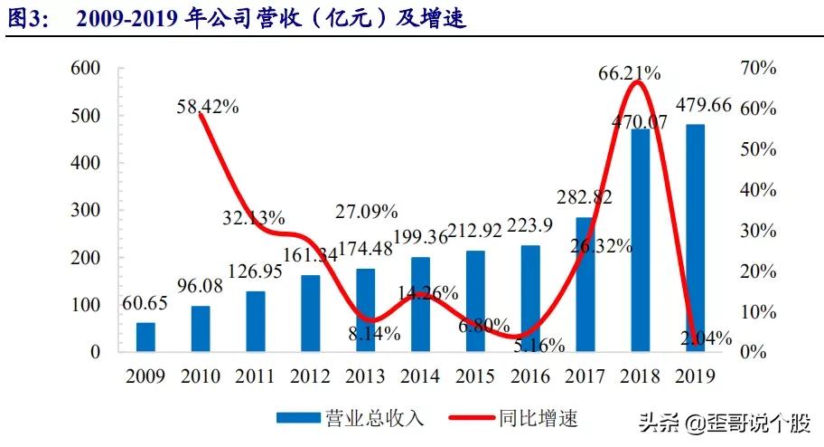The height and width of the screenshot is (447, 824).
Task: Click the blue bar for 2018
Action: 640,240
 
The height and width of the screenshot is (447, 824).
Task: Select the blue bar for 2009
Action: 145,337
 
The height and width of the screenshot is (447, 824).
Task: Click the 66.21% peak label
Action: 629,73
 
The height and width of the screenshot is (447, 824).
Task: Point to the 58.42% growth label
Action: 207,106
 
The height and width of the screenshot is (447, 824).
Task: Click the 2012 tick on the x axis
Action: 310,375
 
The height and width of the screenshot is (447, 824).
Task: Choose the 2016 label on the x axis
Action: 529,375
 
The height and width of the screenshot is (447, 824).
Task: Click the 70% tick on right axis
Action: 757,69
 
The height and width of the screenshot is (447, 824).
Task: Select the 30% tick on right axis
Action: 757,230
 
